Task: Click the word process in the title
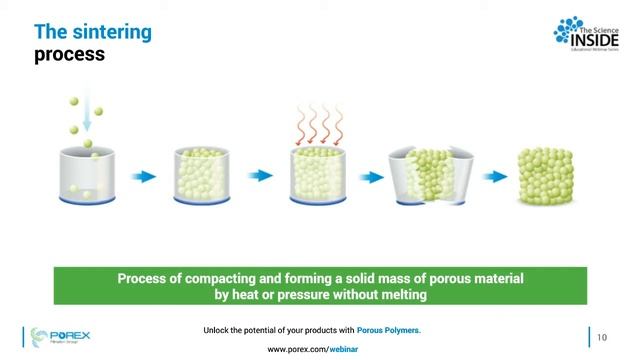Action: click(70, 54)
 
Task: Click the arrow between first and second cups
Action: click(144, 177)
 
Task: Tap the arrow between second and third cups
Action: click(261, 177)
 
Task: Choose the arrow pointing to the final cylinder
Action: click(493, 177)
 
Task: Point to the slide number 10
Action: click(602, 336)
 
